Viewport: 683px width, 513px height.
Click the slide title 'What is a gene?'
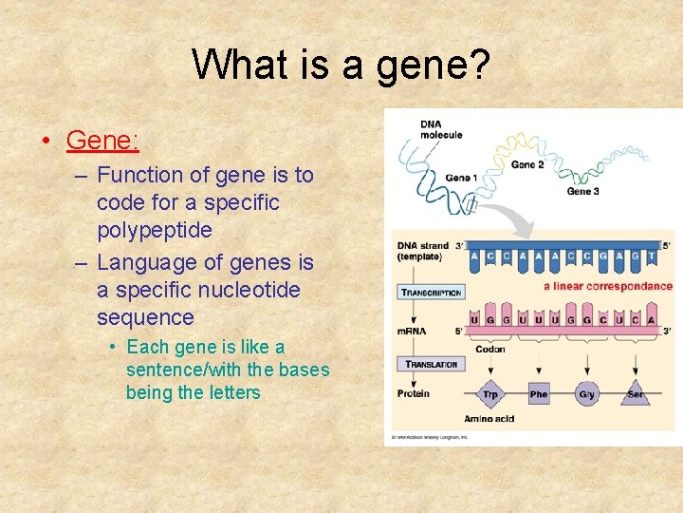coord(341,65)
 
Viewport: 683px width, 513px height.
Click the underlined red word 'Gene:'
coord(102,141)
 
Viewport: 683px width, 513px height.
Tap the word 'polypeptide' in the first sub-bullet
coord(154,231)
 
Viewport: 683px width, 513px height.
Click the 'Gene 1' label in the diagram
coord(461,178)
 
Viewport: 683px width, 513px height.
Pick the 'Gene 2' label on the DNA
coord(527,164)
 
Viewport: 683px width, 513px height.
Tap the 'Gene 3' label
coord(582,191)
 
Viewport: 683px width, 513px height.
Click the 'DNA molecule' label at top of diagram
coord(441,129)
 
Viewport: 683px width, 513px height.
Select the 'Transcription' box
coord(431,293)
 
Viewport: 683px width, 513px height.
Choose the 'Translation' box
coord(431,364)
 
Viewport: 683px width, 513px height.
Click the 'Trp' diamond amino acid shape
coord(489,393)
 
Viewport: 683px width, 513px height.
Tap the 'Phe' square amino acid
coord(538,393)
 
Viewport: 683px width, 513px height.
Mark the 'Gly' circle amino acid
coord(587,393)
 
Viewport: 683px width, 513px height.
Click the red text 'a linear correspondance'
coord(607,286)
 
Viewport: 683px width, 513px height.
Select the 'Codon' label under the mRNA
coord(489,349)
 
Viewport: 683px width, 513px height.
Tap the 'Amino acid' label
coord(488,419)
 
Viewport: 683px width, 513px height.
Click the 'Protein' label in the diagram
coord(414,393)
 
